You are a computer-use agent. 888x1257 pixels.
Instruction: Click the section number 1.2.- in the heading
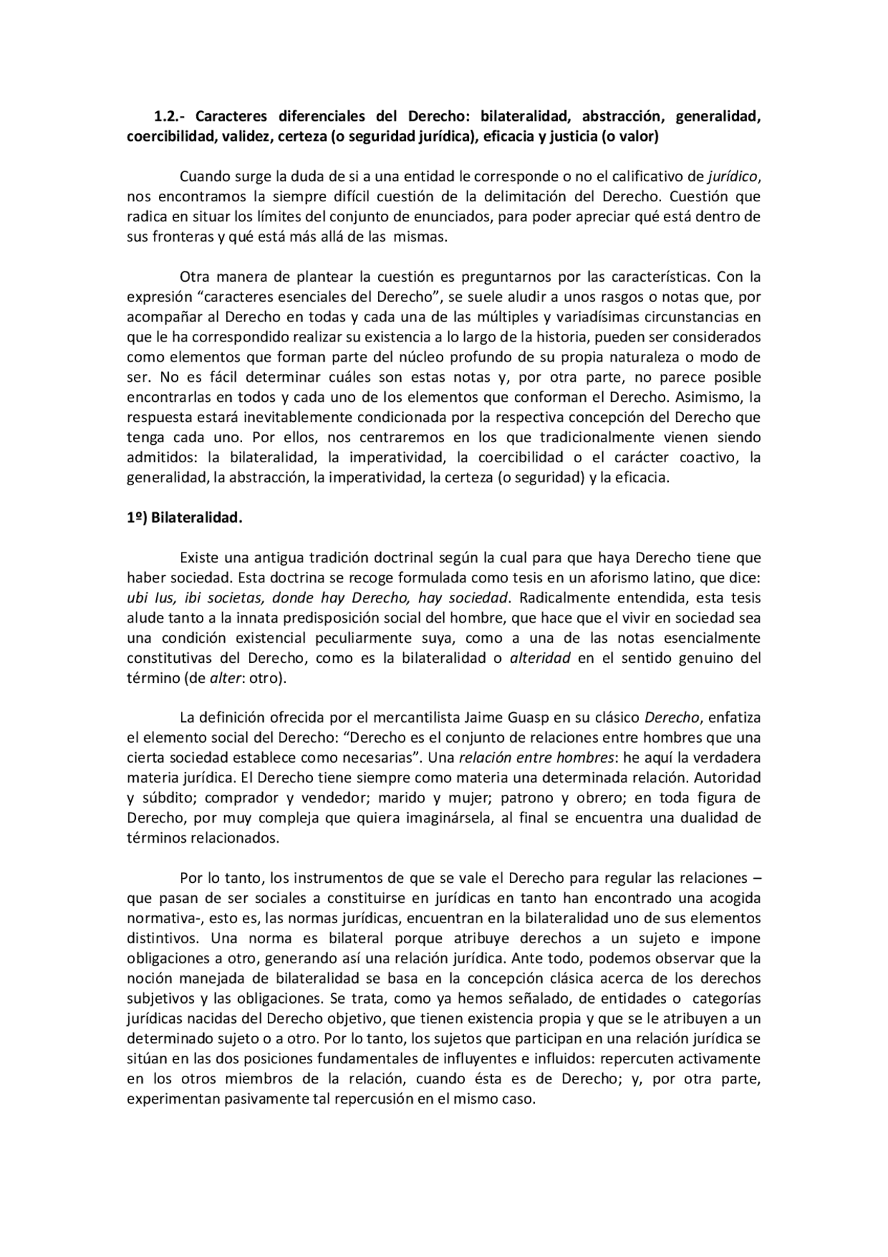(x=169, y=116)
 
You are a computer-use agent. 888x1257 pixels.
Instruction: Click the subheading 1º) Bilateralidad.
(x=185, y=518)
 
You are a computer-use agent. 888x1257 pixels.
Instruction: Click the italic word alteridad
(x=540, y=657)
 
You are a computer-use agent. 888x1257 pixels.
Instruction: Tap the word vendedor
(x=336, y=797)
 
